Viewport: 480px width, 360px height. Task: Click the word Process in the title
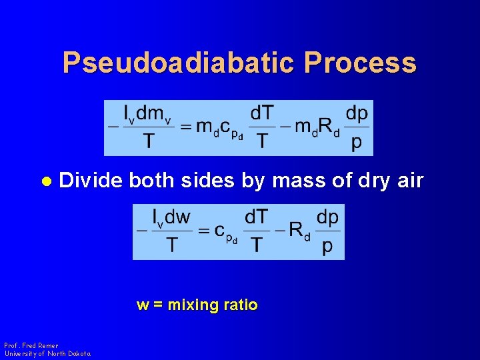point(361,63)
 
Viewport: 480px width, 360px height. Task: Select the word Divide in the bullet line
point(91,181)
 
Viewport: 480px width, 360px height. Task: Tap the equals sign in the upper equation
point(186,127)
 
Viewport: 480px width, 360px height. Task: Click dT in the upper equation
point(262,113)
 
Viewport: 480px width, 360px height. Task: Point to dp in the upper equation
point(357,113)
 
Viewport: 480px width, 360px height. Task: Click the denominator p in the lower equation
point(327,247)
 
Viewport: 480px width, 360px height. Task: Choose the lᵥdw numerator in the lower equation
point(171,217)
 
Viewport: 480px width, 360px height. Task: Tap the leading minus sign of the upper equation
point(111,127)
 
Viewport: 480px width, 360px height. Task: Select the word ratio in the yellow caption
point(240,305)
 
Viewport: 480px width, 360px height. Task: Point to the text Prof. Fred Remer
point(31,345)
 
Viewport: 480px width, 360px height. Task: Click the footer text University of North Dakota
point(47,353)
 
